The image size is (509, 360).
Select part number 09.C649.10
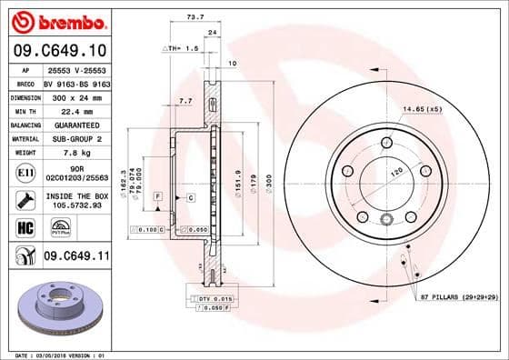tap(56, 51)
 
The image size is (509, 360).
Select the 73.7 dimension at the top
tap(194, 16)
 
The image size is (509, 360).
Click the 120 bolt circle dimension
tap(397, 171)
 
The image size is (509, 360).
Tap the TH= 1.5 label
tap(183, 46)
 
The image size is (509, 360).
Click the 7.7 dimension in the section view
tap(185, 101)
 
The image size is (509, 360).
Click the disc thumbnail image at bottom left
tap(56, 309)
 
